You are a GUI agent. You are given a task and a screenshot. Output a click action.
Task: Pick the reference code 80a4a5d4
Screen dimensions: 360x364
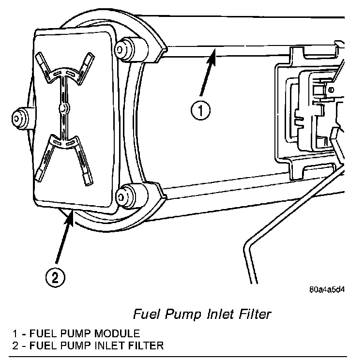(327, 291)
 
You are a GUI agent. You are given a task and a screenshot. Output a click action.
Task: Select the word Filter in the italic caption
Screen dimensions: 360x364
(253, 314)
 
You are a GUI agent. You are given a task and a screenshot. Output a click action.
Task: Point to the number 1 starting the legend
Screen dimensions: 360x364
(15, 333)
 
